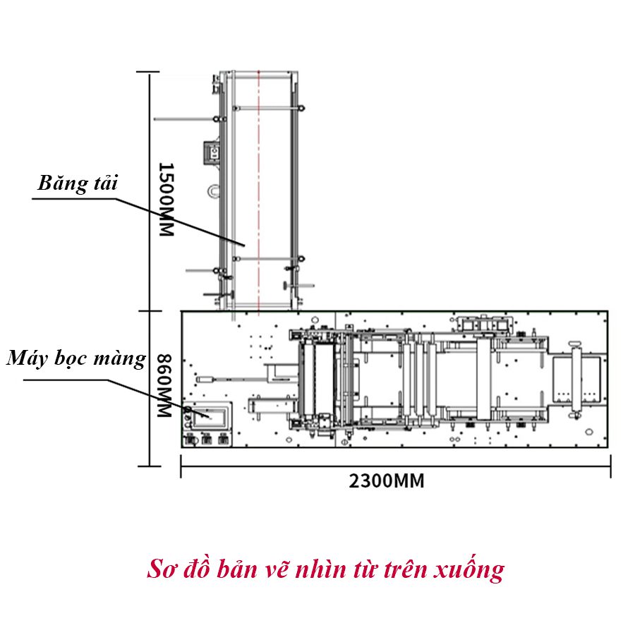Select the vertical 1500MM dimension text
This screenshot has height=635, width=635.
point(165,200)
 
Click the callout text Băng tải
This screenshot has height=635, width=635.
point(78,184)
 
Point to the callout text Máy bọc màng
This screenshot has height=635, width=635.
point(76,358)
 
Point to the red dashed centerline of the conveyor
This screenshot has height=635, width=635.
point(259,190)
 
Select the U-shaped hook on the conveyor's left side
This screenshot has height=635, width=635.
point(214,190)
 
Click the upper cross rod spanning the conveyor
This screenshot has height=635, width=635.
point(268,108)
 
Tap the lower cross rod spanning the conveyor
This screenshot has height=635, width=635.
point(268,259)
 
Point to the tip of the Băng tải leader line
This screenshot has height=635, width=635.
point(243,245)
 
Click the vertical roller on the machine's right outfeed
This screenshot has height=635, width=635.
point(576,377)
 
